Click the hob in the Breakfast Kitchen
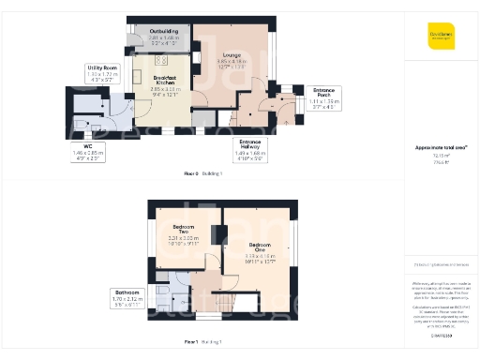point(146,63)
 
